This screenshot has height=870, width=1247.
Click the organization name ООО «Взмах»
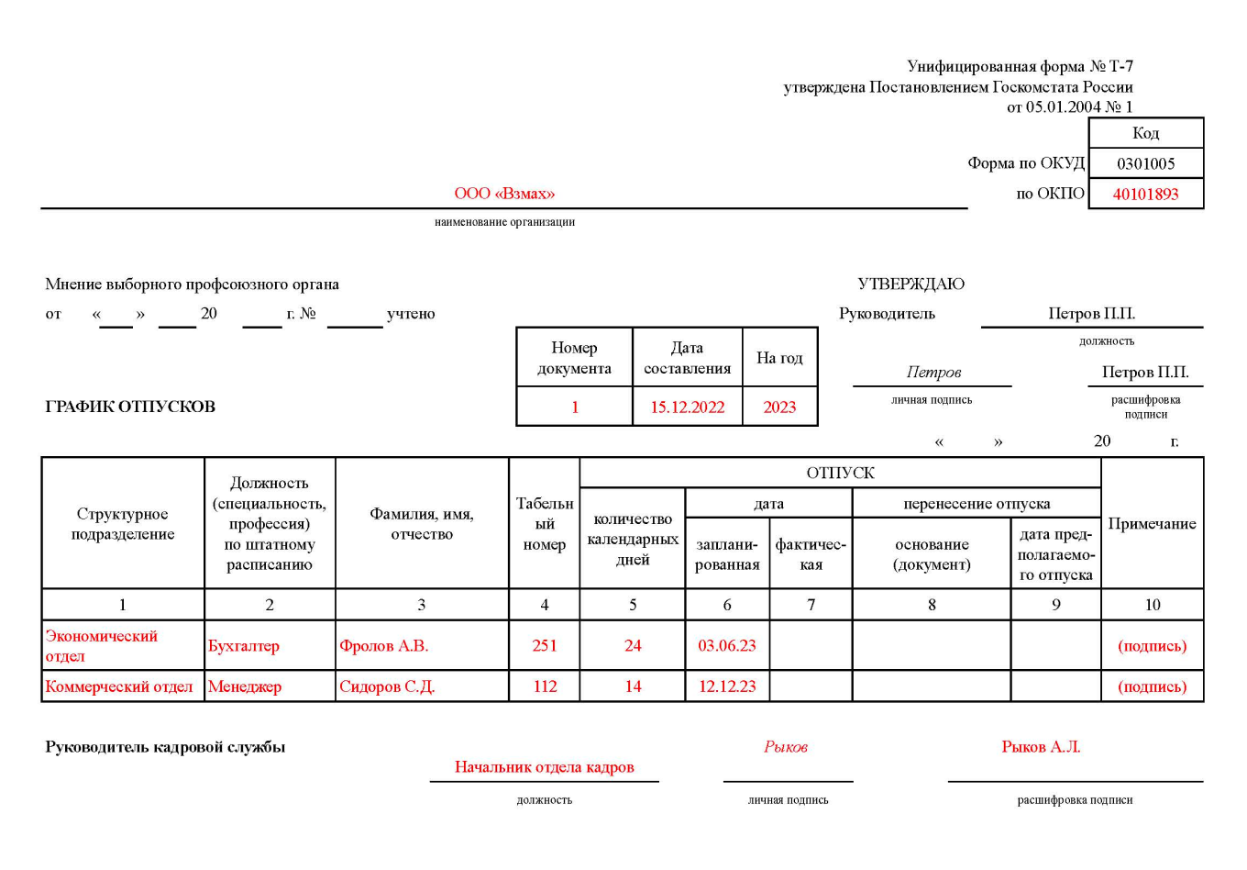point(504,194)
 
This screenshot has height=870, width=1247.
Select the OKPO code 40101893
point(1145,194)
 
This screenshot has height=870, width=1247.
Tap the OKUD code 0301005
point(1145,163)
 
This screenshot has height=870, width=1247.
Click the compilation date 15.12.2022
point(687,407)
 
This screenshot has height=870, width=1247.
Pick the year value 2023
point(779,407)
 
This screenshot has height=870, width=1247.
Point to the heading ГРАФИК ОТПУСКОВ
point(130,407)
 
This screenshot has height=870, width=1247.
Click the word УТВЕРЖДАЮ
point(910,284)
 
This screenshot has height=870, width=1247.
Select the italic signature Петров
point(933,372)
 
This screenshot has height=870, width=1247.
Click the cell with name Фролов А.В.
point(384,646)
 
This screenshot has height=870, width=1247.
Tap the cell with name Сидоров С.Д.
point(387,686)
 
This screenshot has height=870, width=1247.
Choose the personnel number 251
point(545,646)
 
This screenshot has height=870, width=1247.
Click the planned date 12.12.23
point(727,686)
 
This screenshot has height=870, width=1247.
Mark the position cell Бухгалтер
point(244,646)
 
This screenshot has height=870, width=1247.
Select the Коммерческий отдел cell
point(119,686)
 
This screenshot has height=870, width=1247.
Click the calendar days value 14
point(633,686)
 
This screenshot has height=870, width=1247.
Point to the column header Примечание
point(1152,524)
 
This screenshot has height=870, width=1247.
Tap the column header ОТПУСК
point(840,473)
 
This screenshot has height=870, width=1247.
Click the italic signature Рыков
point(786,747)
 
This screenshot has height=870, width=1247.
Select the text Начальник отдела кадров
point(544,767)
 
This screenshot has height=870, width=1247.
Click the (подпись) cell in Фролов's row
point(1152,646)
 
